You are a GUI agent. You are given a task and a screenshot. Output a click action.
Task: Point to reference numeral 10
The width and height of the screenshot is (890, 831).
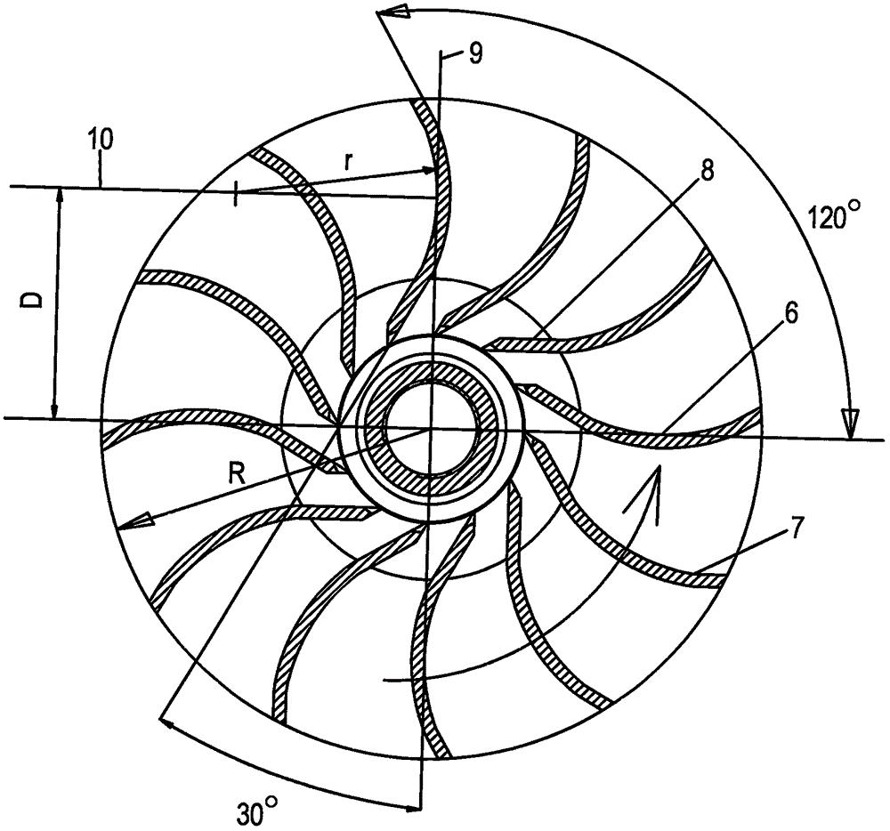(x=101, y=140)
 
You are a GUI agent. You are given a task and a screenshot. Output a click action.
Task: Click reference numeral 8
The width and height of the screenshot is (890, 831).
(x=707, y=172)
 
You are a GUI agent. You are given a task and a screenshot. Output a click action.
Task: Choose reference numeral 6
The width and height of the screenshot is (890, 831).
(x=791, y=312)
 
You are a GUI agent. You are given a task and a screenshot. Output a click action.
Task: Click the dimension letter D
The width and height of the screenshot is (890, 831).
(x=33, y=299)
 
